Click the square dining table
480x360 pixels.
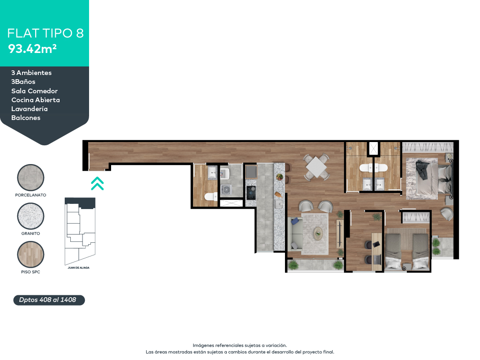[x=317, y=166]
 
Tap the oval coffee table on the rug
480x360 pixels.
[x=318, y=232]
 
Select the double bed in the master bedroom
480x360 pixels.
[x=427, y=179]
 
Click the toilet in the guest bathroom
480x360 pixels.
[x=210, y=196]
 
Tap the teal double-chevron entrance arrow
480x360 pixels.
[x=97, y=183]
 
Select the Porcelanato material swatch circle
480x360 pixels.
[x=30, y=178]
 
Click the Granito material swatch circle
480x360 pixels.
[x=30, y=216]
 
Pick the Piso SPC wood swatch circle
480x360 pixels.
[x=30, y=255]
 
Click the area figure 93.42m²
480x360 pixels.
[x=32, y=48]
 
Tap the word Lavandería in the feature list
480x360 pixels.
[x=30, y=109]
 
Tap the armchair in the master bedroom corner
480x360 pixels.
[x=446, y=214]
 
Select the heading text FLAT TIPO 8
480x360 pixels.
[x=45, y=33]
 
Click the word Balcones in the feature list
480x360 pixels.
[x=26, y=118]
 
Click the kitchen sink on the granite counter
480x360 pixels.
[x=279, y=204]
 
